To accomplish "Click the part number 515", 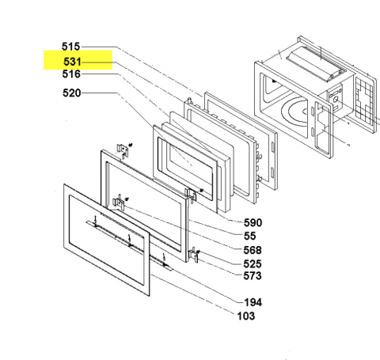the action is coord(70,47).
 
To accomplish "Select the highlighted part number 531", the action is coord(72,62).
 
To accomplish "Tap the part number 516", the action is coord(71,74).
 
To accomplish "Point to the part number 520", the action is coord(72,93).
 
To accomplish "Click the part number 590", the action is coord(253,223).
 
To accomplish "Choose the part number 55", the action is coord(249,236).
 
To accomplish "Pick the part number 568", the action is coord(253,250).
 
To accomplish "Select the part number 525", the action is coord(253,263).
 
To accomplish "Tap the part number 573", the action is coord(253,276).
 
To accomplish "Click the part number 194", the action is coord(253,302).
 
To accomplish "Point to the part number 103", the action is coord(246,316).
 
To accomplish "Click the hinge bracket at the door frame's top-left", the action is coord(123,151).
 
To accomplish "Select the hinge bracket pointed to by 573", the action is coord(194,256).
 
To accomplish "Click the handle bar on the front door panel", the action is coord(129,244).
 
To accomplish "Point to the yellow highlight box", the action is coord(78,60).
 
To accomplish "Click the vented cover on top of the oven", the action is coord(316,63).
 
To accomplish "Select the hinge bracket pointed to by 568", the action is coord(119,203).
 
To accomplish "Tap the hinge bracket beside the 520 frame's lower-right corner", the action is coord(192,195).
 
